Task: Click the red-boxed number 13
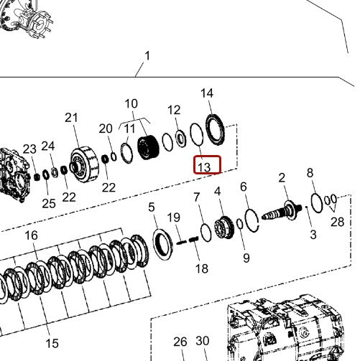click(204, 167)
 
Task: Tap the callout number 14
click(207, 93)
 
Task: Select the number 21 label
click(71, 118)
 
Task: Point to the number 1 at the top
click(147, 55)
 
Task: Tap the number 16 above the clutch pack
click(31, 235)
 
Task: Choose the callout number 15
click(53, 344)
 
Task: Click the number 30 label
click(203, 342)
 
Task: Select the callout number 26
click(180, 342)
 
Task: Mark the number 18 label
click(202, 268)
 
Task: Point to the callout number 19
click(174, 217)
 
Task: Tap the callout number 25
click(48, 203)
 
